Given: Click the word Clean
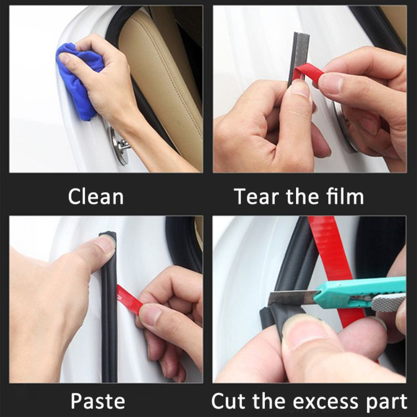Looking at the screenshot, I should click(x=96, y=196).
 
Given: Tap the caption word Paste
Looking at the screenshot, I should click(x=98, y=401).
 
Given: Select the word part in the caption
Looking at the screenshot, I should click(x=388, y=401).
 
